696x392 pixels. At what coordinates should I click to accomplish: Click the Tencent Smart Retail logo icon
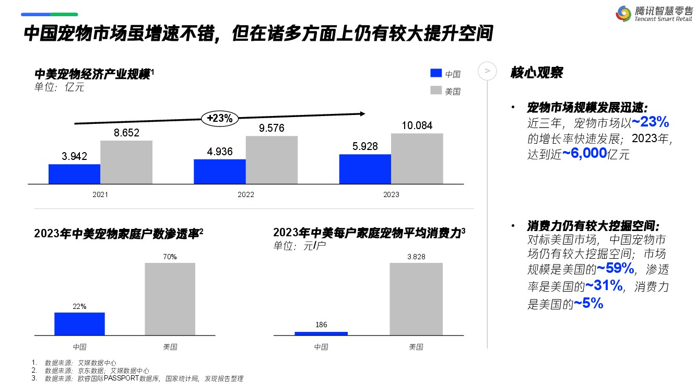point(623,14)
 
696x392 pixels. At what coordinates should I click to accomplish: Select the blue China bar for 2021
point(74,174)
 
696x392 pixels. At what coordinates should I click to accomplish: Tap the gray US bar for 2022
point(272,160)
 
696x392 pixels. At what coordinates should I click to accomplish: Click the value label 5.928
point(365,146)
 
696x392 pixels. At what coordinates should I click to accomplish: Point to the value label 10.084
point(417,125)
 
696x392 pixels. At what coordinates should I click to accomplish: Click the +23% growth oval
point(219,118)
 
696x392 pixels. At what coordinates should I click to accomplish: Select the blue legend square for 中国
point(436,74)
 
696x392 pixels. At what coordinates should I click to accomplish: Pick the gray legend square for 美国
point(436,90)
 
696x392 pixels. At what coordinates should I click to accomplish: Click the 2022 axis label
point(245,195)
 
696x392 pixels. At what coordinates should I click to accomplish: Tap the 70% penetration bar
point(170,298)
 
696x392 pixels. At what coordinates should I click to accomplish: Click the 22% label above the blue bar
point(79,306)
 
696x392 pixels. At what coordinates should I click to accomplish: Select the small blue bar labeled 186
point(321,333)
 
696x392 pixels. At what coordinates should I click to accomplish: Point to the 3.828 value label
point(416,256)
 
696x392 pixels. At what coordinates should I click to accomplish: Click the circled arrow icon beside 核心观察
point(487,71)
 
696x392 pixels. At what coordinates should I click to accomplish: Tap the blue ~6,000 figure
point(584,153)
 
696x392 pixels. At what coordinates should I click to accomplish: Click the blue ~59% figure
point(616,269)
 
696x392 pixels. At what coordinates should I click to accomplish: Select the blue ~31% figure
point(604,285)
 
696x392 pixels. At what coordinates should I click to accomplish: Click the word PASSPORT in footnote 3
point(122,378)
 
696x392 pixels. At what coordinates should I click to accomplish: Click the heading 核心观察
point(537,72)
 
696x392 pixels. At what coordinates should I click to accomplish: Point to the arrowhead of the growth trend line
point(361,113)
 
